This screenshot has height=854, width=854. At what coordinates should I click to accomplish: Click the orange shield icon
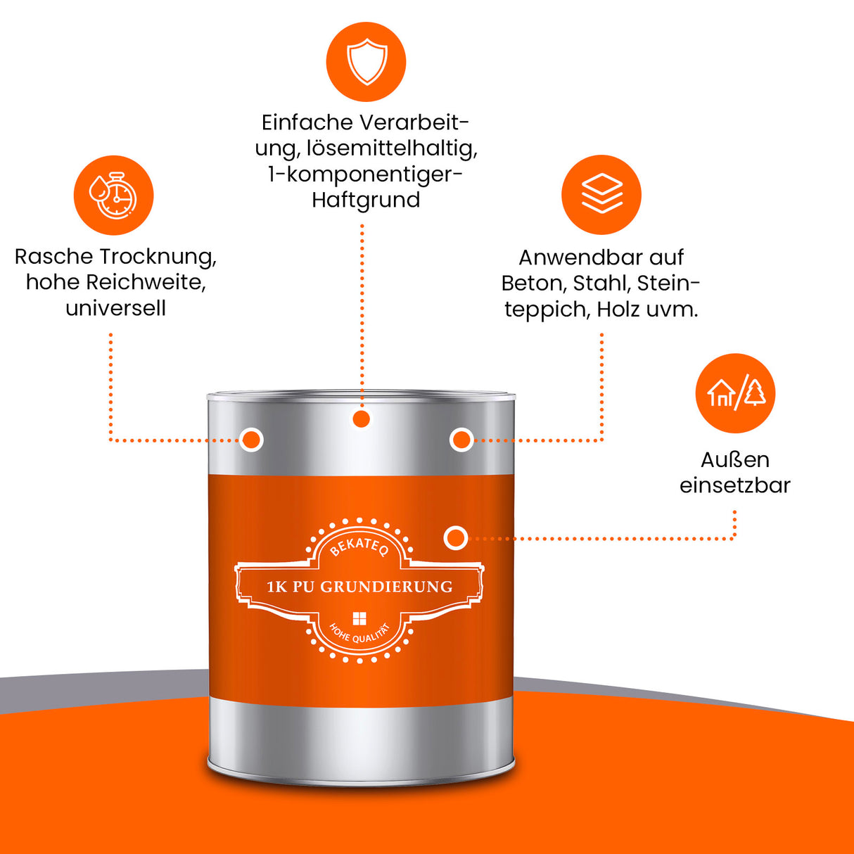point(366,62)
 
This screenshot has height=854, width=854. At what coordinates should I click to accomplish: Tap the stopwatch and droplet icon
point(113,196)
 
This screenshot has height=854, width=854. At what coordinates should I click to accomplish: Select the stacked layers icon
point(601,194)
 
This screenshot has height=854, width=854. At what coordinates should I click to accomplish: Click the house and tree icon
point(735,393)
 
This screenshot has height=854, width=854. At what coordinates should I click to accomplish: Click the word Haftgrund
point(366,200)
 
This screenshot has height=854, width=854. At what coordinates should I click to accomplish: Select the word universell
point(116,308)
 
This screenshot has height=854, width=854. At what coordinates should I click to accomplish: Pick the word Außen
point(735,459)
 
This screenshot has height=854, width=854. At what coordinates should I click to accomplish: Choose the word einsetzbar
point(735,485)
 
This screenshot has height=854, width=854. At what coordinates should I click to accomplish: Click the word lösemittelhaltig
point(392,148)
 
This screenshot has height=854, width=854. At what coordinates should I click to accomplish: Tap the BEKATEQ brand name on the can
point(359,545)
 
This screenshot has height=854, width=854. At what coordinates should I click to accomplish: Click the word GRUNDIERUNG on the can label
point(386,587)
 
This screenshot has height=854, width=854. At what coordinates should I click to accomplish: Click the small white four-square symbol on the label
point(359,618)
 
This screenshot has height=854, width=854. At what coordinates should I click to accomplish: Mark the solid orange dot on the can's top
point(362,419)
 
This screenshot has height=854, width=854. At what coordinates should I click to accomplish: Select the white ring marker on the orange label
point(456,538)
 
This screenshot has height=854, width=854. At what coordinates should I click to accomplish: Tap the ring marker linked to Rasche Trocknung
point(251,440)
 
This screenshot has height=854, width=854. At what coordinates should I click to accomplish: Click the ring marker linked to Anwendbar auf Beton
point(461,440)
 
